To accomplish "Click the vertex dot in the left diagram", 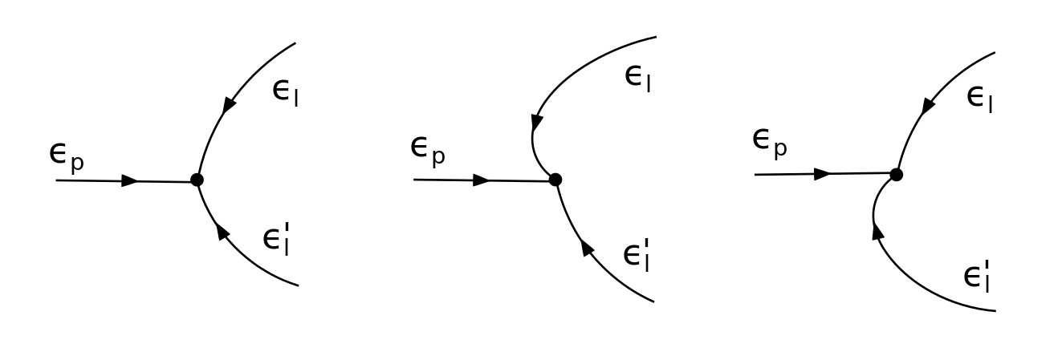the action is [x=197, y=180].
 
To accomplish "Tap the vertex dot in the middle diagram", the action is [x=555, y=180].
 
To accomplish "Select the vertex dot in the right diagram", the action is [x=896, y=174].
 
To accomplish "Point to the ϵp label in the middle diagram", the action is [x=427, y=150].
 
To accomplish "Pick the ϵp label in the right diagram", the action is [x=769, y=142].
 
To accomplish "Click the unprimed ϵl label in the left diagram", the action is [x=286, y=91].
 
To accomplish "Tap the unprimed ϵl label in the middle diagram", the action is [x=637, y=79].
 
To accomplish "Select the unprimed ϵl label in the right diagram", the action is [x=979, y=99].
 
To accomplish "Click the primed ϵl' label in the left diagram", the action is [x=276, y=239].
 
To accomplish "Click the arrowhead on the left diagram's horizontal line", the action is [x=129, y=181].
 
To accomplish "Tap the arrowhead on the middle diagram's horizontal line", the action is [x=481, y=180].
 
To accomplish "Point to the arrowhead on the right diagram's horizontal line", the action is [x=822, y=174].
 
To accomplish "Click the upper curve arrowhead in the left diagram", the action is [x=230, y=104].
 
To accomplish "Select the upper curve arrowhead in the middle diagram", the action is [x=537, y=123].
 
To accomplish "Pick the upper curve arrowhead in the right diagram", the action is [x=929, y=105].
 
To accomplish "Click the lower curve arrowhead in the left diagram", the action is [x=222, y=232].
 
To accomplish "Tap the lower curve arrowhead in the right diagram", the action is [x=877, y=231].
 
